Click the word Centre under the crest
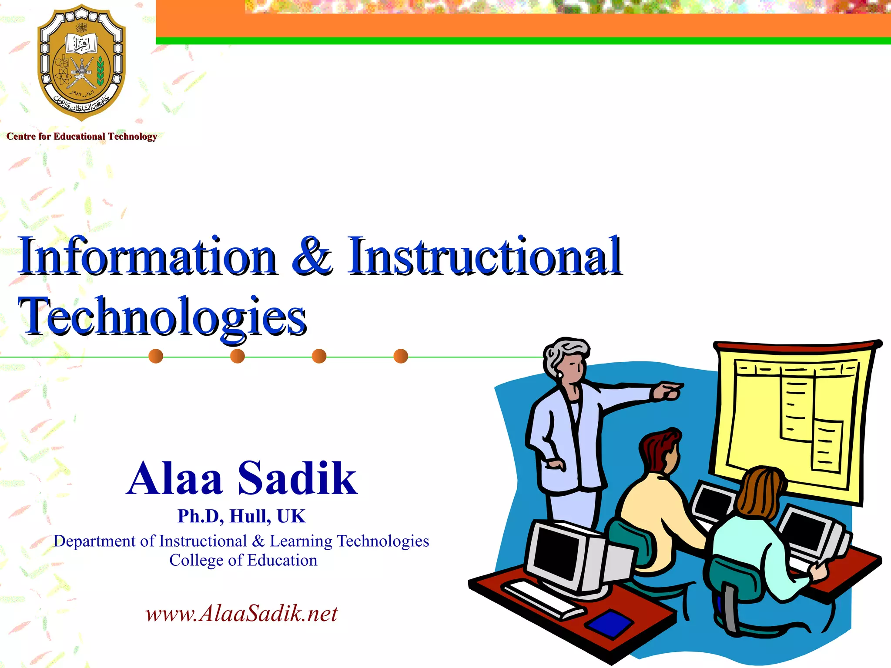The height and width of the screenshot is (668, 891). click(x=21, y=137)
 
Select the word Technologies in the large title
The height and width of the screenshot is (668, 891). click(x=163, y=317)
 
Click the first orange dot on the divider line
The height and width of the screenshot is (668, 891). click(x=156, y=356)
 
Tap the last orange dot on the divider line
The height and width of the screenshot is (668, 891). click(x=401, y=356)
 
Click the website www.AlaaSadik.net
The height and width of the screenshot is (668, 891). click(x=241, y=614)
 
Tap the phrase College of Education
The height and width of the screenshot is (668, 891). click(x=243, y=560)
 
